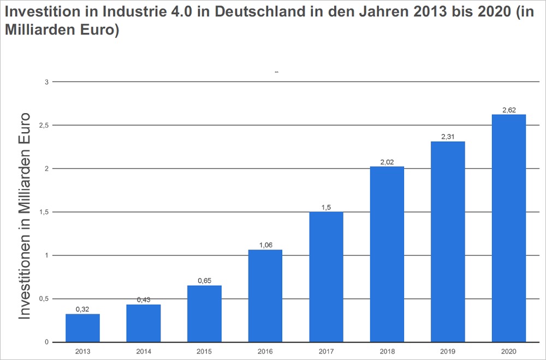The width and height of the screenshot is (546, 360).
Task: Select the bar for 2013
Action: click(x=82, y=328)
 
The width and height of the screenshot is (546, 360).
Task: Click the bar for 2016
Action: click(x=265, y=296)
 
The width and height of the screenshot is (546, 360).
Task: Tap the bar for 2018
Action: click(x=387, y=254)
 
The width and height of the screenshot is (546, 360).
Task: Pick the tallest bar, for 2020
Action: click(x=509, y=228)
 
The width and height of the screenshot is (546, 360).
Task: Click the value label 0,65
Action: click(x=204, y=281)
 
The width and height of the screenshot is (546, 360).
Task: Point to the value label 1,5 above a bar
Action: click(x=326, y=207)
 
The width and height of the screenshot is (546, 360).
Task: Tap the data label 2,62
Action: click(x=509, y=110)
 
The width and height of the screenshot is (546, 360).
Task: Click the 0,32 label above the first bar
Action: click(x=82, y=309)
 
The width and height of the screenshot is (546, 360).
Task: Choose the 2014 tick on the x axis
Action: click(x=143, y=351)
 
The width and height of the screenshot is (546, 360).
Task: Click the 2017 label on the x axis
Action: click(x=326, y=351)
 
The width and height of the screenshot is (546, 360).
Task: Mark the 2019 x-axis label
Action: click(x=448, y=351)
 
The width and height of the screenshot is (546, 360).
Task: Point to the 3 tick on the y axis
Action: click(x=47, y=82)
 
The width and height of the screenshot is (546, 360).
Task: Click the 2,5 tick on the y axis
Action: click(x=44, y=125)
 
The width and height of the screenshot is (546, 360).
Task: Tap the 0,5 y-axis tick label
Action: click(x=44, y=299)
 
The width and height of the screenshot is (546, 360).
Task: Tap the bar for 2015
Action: click(x=204, y=314)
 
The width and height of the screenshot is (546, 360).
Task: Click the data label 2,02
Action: click(x=387, y=162)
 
